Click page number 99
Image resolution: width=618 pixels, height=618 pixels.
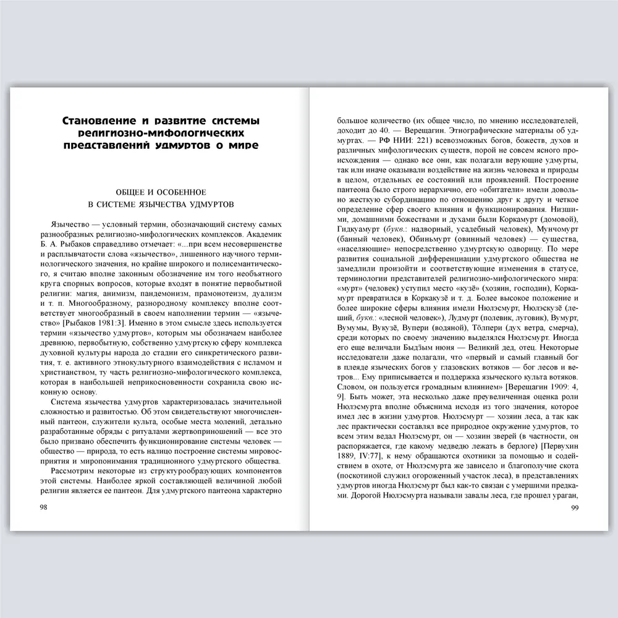click(x=573, y=507)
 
